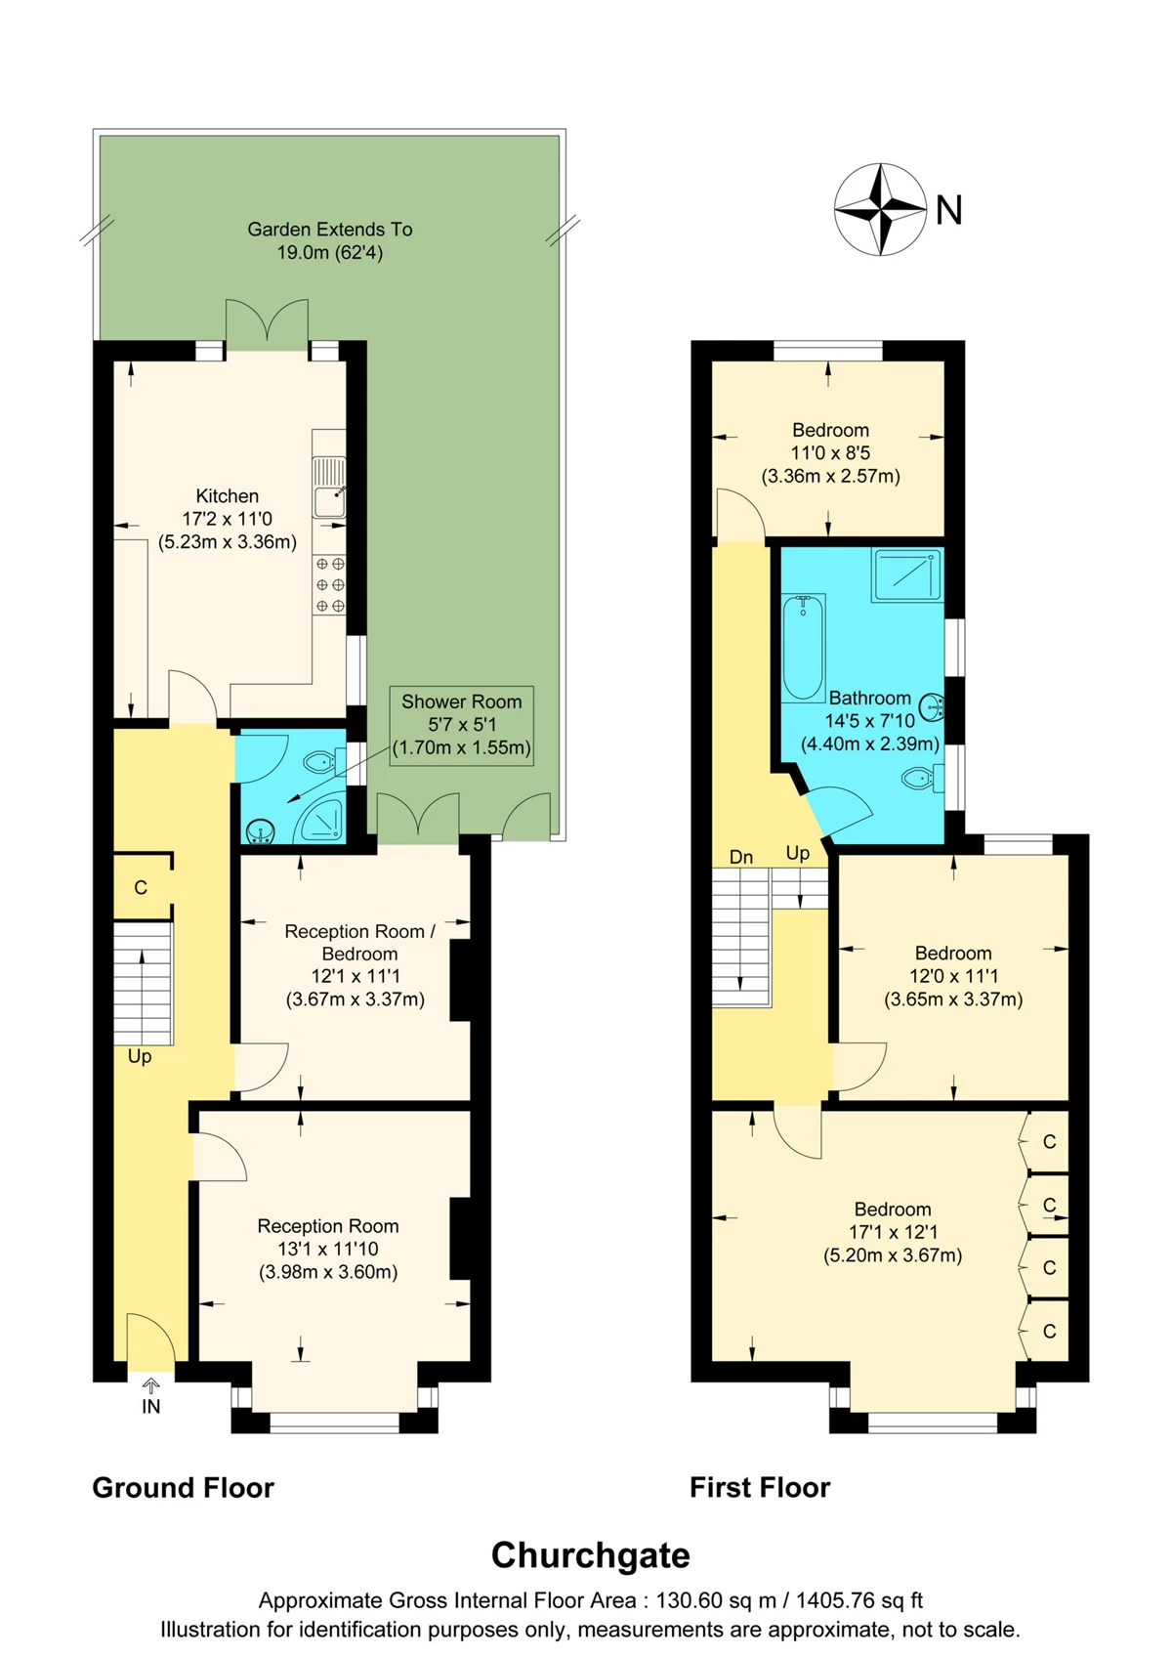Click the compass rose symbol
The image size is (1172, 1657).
click(880, 209)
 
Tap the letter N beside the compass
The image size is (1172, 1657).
click(948, 210)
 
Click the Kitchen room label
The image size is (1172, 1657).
click(228, 519)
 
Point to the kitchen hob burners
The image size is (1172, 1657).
click(329, 584)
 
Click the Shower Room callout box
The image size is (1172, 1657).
click(461, 725)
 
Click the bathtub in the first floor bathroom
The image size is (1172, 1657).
click(803, 648)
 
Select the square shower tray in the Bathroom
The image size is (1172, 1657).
click(907, 574)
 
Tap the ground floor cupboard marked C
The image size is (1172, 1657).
click(142, 887)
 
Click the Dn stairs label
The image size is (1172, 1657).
click(741, 857)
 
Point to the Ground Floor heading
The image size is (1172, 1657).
click(183, 1488)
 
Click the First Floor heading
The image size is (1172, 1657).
click(760, 1488)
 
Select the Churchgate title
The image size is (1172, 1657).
click(591, 1555)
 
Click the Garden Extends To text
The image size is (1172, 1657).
click(330, 230)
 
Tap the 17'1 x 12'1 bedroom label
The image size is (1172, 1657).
click(894, 1232)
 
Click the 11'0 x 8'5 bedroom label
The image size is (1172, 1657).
click(831, 452)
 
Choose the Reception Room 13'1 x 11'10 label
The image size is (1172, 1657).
click(328, 1250)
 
